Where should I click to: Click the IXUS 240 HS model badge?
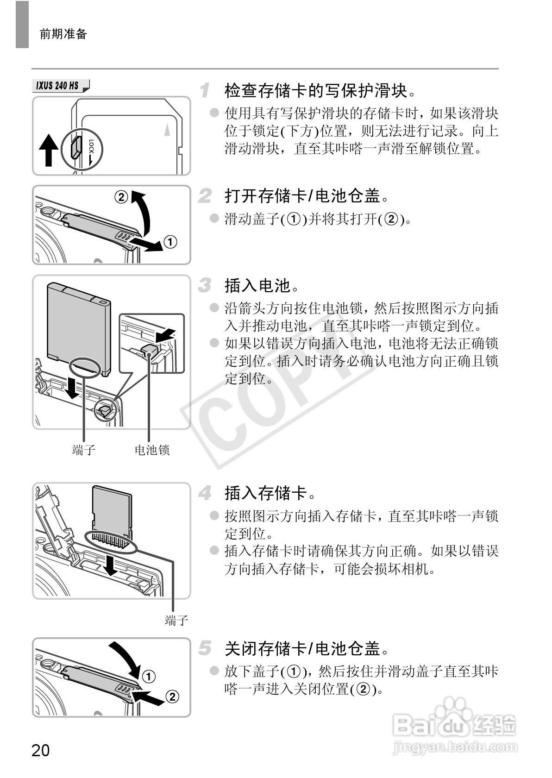click(x=61, y=85)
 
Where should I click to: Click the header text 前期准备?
click(x=63, y=34)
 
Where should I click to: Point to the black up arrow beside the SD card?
click(x=49, y=150)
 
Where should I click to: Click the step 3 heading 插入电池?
click(x=261, y=286)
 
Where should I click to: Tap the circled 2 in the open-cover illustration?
click(x=121, y=197)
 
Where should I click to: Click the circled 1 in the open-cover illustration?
click(x=170, y=242)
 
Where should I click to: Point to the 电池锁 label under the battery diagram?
click(x=152, y=450)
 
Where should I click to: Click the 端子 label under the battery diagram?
click(x=83, y=450)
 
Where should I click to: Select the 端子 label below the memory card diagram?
click(x=176, y=621)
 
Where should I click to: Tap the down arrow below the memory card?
click(x=111, y=566)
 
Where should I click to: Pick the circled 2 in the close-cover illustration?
click(x=172, y=696)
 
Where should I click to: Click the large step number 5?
click(x=205, y=648)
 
